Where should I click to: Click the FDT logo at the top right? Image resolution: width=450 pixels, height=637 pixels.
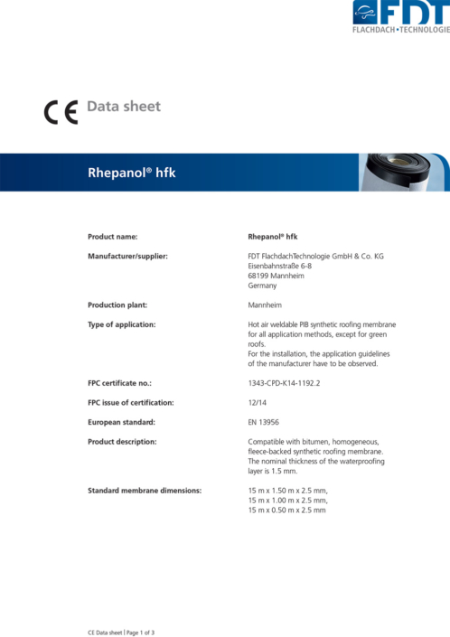click(x=399, y=16)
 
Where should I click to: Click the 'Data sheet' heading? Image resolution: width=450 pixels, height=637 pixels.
click(x=124, y=107)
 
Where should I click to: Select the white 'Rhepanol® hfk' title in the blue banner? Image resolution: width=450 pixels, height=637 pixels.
click(x=131, y=172)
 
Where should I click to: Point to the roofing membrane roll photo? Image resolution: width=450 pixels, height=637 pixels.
click(x=405, y=173)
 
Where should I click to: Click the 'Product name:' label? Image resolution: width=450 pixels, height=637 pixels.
click(x=112, y=237)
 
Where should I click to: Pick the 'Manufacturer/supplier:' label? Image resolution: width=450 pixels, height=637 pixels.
click(x=127, y=257)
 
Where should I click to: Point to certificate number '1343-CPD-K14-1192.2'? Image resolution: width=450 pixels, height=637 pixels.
click(x=283, y=383)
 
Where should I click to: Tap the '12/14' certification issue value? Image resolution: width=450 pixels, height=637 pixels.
click(x=257, y=403)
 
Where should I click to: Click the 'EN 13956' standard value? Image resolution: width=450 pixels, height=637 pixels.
click(x=264, y=422)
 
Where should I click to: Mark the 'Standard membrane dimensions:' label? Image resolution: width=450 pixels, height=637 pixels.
click(x=144, y=491)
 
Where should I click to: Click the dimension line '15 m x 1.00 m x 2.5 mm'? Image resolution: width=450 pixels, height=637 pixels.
click(x=287, y=501)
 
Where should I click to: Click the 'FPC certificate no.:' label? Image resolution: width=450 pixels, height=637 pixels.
click(x=123, y=383)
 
